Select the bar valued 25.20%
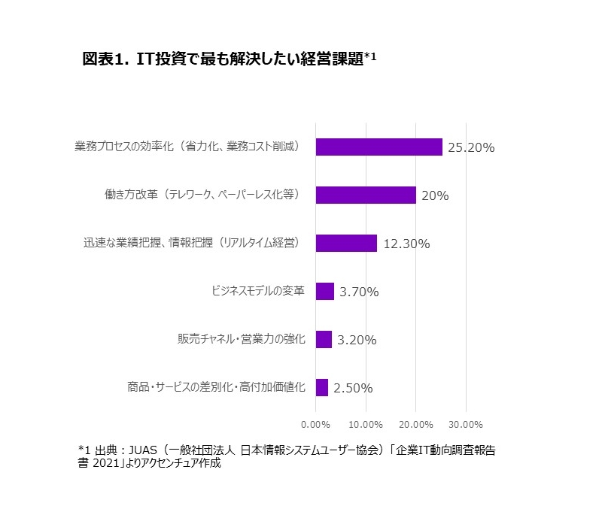click(379, 147)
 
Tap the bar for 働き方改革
click(366, 195)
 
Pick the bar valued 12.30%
click(346, 243)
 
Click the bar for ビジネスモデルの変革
click(324, 291)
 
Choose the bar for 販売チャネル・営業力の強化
click(324, 339)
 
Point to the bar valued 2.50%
click(322, 387)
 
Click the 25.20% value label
click(470, 147)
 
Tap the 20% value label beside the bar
click(435, 195)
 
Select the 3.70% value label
click(359, 292)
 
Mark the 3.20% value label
click(357, 340)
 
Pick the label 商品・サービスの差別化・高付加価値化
click(216, 387)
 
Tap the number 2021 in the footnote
click(111, 464)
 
